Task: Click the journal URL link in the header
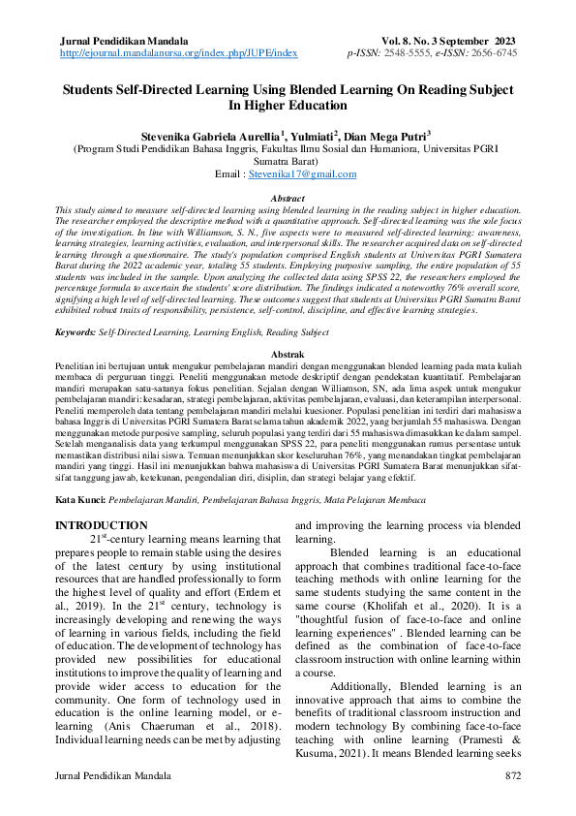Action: (x=178, y=53)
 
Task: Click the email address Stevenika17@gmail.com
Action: (x=302, y=174)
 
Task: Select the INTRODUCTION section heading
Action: (x=102, y=525)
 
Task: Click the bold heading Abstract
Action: (x=288, y=198)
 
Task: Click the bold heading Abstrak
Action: (x=288, y=356)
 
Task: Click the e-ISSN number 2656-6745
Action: (x=495, y=53)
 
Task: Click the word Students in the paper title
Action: (x=95, y=89)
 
